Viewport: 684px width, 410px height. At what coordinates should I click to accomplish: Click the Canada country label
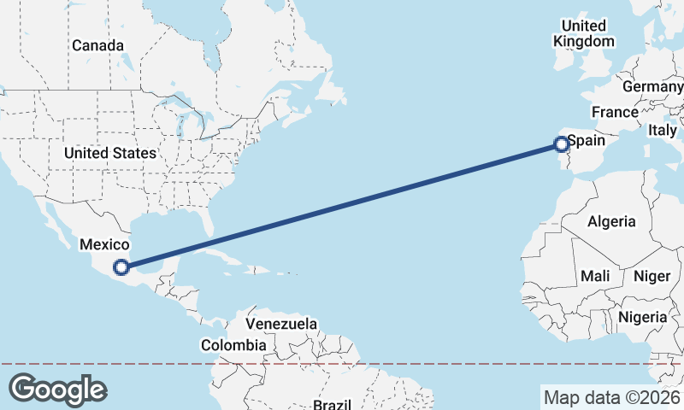(98, 45)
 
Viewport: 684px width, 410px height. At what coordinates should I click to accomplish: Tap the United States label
(110, 153)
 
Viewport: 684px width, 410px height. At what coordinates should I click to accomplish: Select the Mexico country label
(104, 244)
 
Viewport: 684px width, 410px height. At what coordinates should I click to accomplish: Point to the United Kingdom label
(584, 33)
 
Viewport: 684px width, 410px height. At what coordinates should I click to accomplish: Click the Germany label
(652, 87)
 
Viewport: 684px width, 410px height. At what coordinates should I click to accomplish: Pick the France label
(615, 112)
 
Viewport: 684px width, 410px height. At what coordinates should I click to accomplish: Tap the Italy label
(662, 130)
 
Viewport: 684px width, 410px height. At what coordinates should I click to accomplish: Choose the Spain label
(587, 139)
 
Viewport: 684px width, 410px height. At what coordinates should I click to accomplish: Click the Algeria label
(611, 221)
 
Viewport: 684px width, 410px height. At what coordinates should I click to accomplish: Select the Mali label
(594, 276)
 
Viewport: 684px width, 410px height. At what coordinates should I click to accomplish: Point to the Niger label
(652, 276)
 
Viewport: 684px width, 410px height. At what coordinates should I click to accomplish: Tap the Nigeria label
(641, 317)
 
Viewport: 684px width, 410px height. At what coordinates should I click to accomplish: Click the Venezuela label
(281, 325)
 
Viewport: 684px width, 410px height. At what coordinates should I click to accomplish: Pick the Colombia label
(233, 345)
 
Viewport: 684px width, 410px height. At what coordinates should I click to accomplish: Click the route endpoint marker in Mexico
(122, 266)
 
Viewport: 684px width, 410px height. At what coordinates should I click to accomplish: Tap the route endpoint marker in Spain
(562, 144)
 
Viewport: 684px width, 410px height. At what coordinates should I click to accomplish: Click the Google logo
(57, 389)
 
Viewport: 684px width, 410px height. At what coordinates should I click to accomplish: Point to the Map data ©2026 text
(611, 397)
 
